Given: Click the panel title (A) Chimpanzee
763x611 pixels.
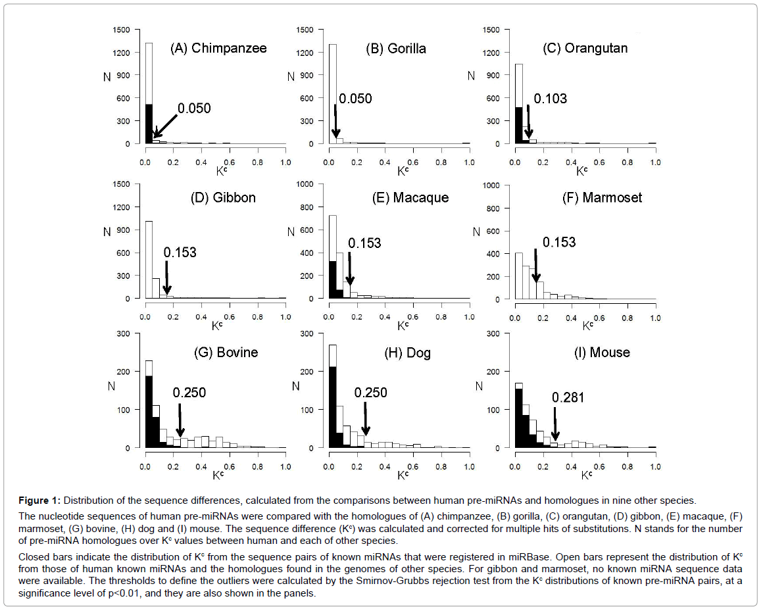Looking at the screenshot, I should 218,48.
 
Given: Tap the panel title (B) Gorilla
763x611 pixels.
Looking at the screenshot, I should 396,48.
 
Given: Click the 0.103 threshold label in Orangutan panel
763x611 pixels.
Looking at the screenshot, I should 550,99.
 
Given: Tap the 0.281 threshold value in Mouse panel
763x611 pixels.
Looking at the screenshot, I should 568,397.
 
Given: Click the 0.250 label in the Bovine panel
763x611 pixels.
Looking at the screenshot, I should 189,393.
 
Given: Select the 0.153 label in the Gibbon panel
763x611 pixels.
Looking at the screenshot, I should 180,252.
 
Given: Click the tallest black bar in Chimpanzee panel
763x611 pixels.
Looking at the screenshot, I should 149,124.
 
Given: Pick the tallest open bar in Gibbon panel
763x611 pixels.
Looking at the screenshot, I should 149,260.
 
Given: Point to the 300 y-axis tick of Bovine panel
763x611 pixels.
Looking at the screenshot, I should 134,333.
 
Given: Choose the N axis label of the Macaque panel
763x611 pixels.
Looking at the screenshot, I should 291,232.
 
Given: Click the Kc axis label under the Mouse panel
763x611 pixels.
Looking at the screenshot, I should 583,473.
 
